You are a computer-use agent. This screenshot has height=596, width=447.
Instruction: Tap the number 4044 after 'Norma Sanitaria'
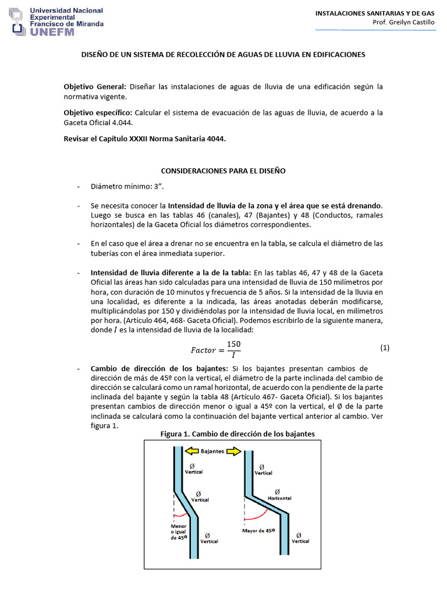click(x=215, y=139)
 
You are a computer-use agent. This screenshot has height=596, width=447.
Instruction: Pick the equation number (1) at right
click(x=384, y=347)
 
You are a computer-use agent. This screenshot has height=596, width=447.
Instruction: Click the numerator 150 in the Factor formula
click(x=233, y=344)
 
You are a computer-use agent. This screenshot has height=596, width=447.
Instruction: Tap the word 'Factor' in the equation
click(x=203, y=350)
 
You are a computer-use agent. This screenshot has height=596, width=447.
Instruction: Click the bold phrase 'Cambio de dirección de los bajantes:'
click(x=160, y=369)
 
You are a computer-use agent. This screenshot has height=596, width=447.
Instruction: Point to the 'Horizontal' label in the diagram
click(x=279, y=498)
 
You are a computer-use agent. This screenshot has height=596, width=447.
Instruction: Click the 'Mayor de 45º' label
click(x=258, y=530)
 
